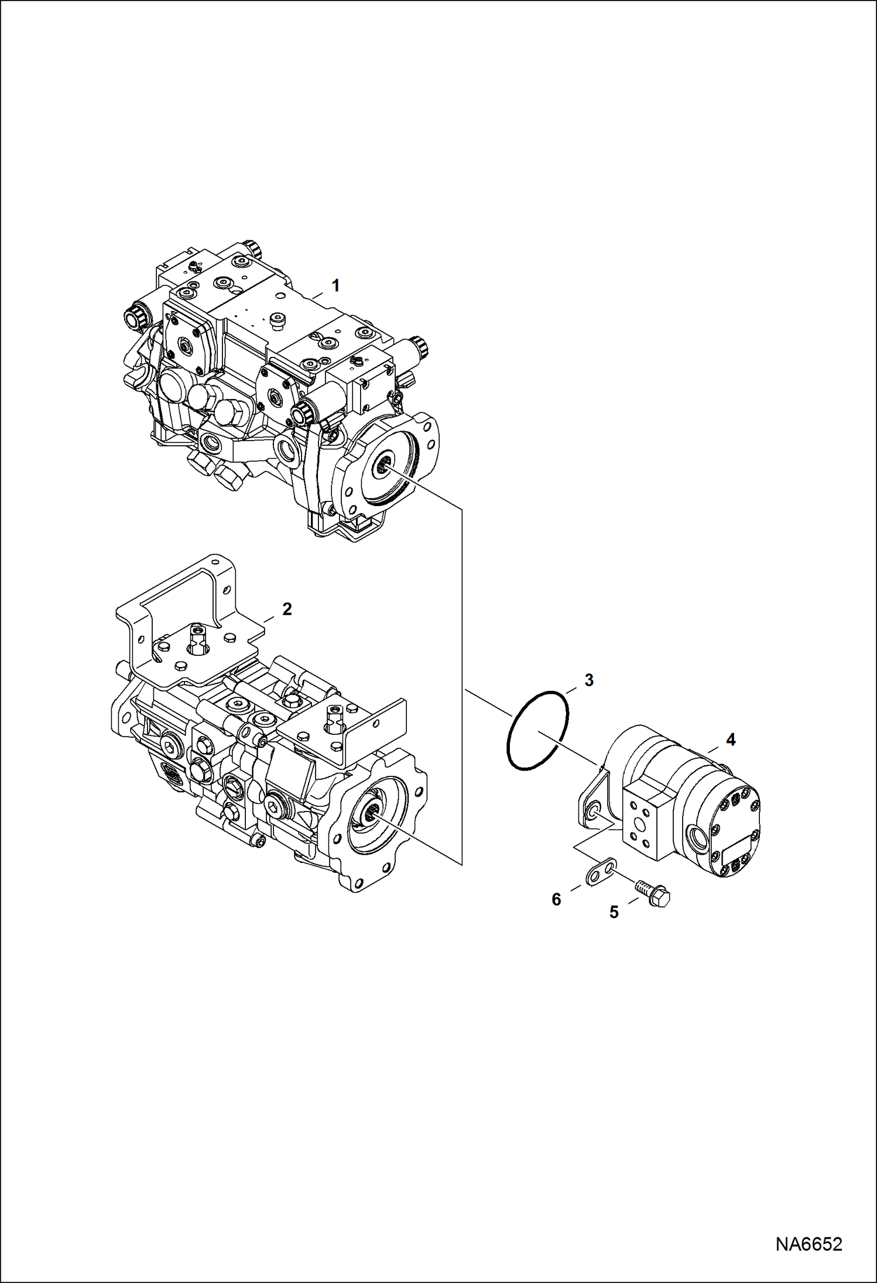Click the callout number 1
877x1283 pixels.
point(335,286)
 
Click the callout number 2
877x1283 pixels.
point(286,609)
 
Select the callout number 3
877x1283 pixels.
point(589,680)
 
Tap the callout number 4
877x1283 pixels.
point(730,739)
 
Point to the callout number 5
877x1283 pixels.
point(614,911)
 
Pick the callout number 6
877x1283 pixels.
point(556,899)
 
